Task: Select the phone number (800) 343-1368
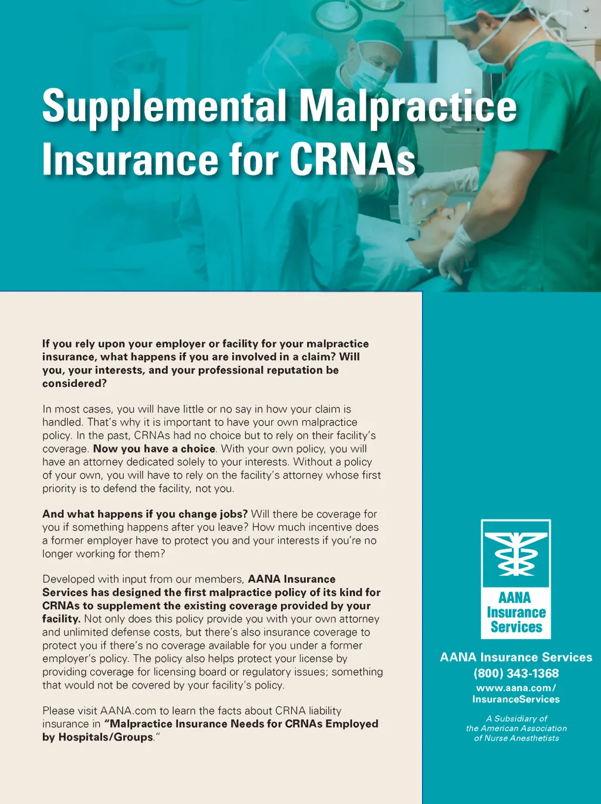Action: click(516, 673)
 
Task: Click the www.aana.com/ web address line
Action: click(516, 687)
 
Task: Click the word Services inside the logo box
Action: click(516, 627)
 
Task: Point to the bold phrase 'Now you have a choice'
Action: click(154, 448)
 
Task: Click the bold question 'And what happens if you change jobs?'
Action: click(145, 514)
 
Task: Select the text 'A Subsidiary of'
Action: click(516, 718)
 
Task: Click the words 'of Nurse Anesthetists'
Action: click(516, 738)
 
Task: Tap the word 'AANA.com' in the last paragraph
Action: click(128, 711)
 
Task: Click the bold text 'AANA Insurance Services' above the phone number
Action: click(516, 657)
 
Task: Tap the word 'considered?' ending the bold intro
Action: click(75, 383)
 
